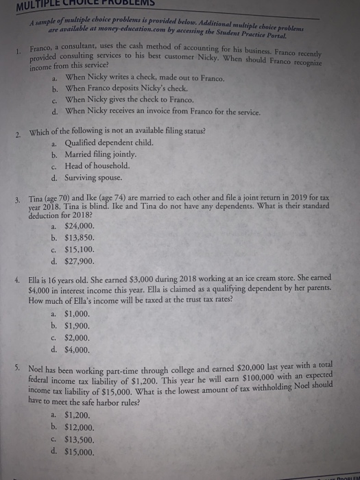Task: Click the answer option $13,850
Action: (80, 237)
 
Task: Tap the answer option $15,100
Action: (80, 249)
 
